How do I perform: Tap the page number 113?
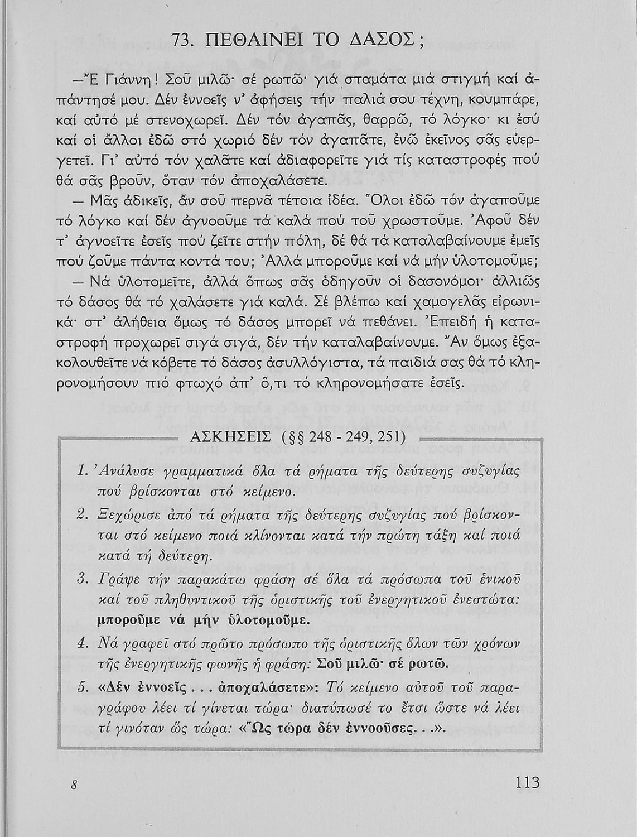[527, 782]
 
